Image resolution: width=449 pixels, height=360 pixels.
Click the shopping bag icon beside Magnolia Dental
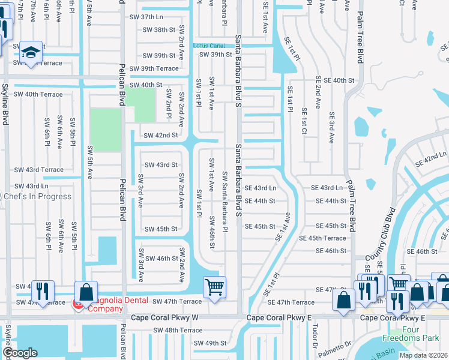(86, 292)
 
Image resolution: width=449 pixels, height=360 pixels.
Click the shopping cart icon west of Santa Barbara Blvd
(214, 287)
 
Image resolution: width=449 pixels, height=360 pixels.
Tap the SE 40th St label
(336, 80)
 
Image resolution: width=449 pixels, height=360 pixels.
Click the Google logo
(20, 353)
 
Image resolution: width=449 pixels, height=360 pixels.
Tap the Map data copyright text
(424, 355)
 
